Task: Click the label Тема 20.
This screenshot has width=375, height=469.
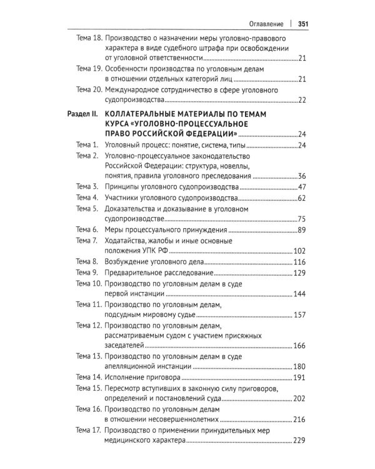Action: (88, 89)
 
